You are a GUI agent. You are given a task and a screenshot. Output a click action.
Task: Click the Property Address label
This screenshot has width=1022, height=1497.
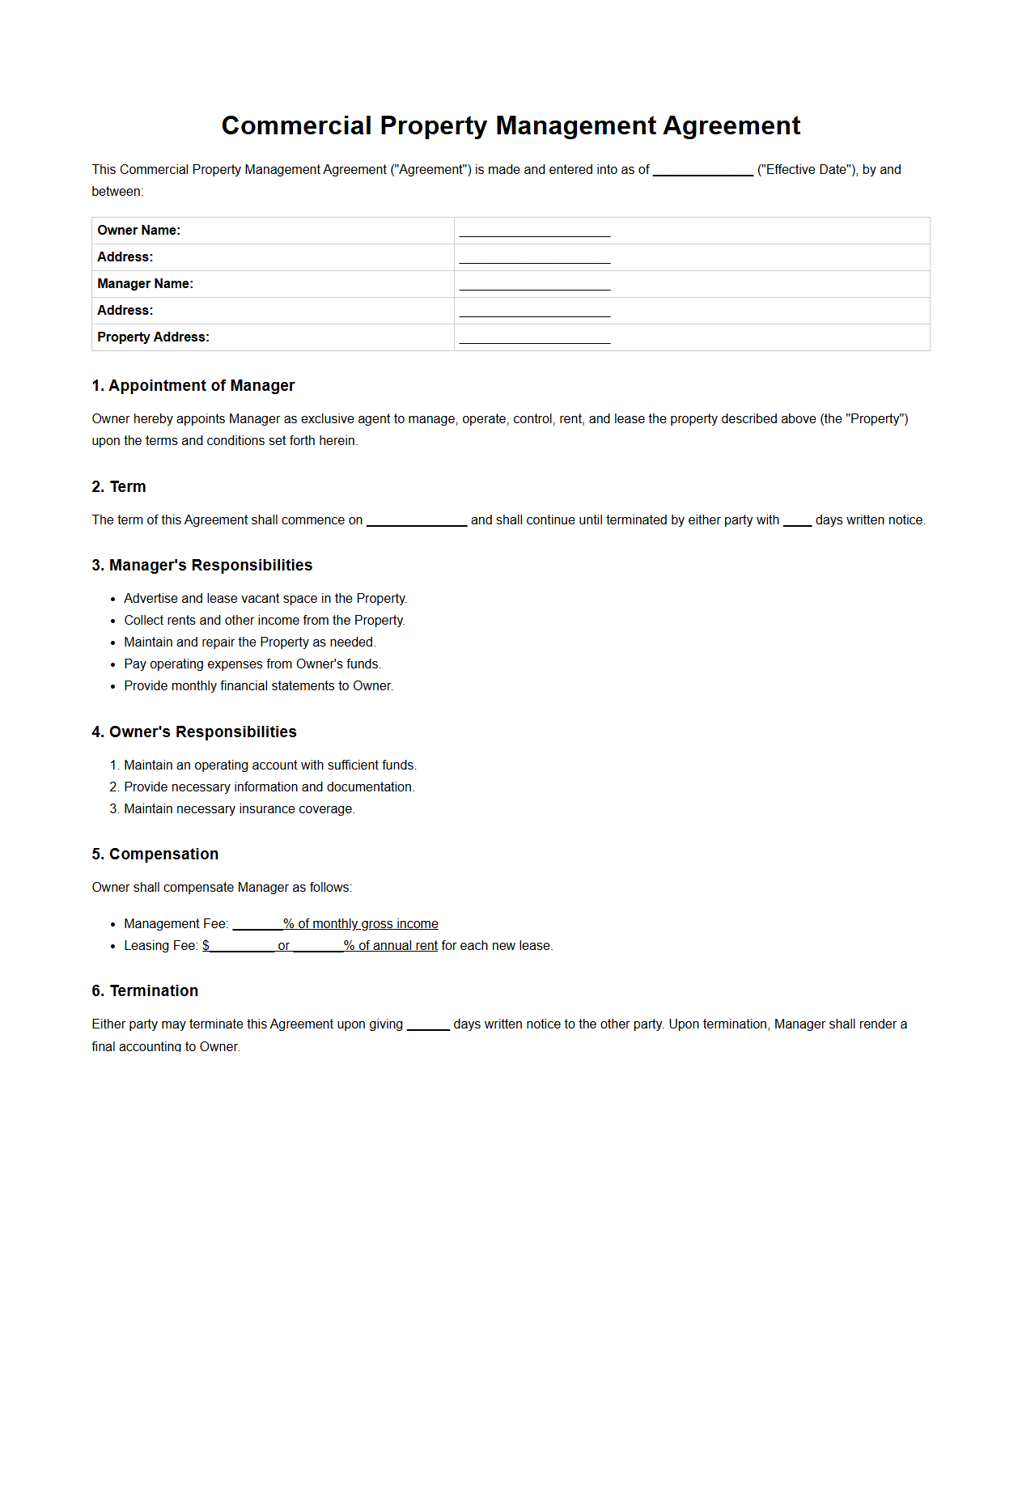[153, 337]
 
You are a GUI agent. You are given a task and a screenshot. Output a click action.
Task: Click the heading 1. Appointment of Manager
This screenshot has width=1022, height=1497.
[193, 386]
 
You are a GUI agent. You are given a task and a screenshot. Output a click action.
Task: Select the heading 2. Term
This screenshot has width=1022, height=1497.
[118, 487]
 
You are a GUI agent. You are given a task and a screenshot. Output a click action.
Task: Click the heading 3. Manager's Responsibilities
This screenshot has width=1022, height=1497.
[201, 566]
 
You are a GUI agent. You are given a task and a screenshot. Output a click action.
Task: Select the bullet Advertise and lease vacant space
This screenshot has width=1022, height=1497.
[265, 599]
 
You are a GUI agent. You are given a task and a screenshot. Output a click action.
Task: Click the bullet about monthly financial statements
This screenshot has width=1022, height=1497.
[258, 686]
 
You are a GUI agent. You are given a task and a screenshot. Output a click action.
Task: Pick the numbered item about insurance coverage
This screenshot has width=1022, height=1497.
[239, 809]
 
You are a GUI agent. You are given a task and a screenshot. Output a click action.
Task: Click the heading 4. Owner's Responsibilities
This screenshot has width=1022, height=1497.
[193, 732]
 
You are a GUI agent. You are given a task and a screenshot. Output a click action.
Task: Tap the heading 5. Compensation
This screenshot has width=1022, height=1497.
[155, 855]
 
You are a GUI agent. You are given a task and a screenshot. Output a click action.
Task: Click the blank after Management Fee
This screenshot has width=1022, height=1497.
[257, 926]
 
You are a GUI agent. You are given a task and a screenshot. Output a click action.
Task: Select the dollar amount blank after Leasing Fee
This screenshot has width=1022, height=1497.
[242, 948]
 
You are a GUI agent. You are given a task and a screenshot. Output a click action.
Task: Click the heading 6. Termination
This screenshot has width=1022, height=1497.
[145, 991]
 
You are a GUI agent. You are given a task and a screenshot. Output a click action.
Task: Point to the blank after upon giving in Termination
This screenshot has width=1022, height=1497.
[428, 1026]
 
